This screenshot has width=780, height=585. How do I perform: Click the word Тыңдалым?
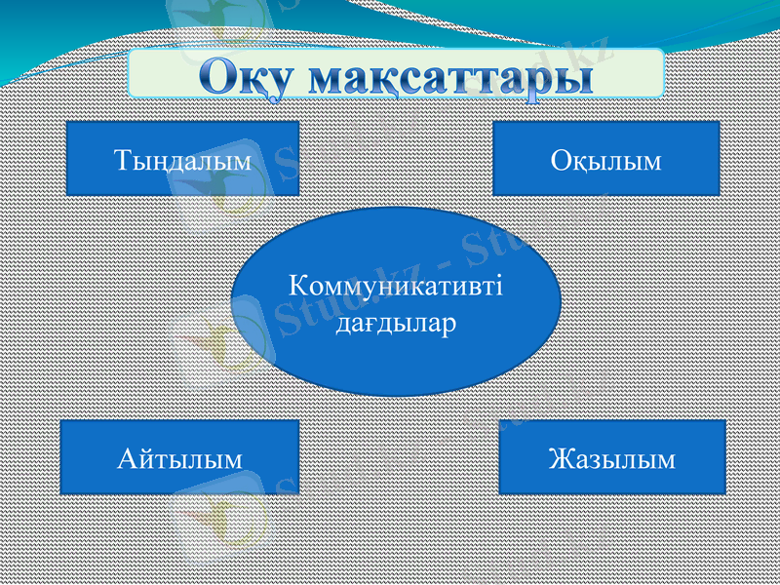182,160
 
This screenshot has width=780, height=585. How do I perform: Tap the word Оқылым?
605,160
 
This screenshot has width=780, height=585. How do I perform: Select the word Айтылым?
180,458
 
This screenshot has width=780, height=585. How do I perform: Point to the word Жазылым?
611,458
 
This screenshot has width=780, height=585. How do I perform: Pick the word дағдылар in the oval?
396,321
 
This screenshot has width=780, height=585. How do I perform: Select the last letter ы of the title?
571,76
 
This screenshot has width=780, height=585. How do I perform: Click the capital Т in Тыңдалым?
121,160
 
